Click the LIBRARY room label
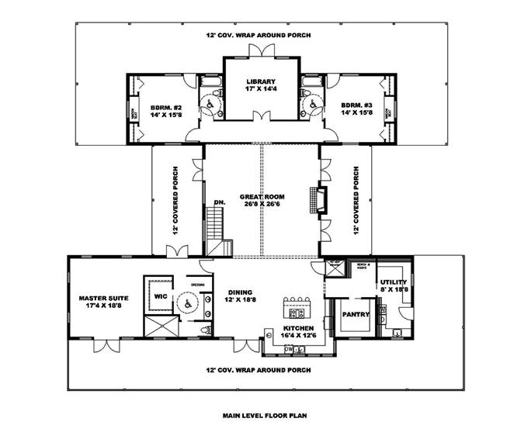[261, 81]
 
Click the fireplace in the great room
[314, 199]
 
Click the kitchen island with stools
[297, 309]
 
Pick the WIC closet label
[161, 295]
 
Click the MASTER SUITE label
[102, 298]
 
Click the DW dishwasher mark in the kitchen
[289, 348]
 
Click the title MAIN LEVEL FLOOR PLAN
[263, 415]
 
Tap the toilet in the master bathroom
[204, 330]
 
